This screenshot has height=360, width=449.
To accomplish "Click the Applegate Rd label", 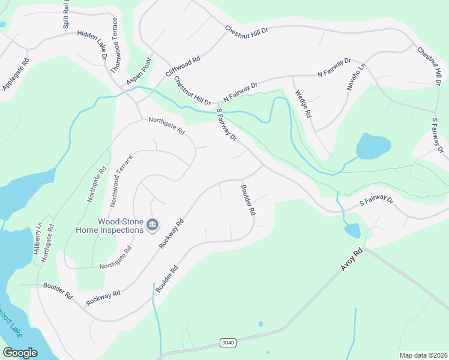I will point(16,74).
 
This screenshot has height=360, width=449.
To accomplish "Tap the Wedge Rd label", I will point(304,103).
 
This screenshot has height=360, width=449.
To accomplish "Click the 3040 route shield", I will point(228,343).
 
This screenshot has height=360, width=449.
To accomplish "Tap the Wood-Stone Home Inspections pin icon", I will point(152,224).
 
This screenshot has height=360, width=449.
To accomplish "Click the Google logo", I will point(20,353).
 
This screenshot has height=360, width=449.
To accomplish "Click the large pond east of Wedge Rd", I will point(373,145).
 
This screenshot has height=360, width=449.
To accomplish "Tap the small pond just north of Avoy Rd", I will point(352,230).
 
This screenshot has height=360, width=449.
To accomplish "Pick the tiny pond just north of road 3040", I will point(261,324).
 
